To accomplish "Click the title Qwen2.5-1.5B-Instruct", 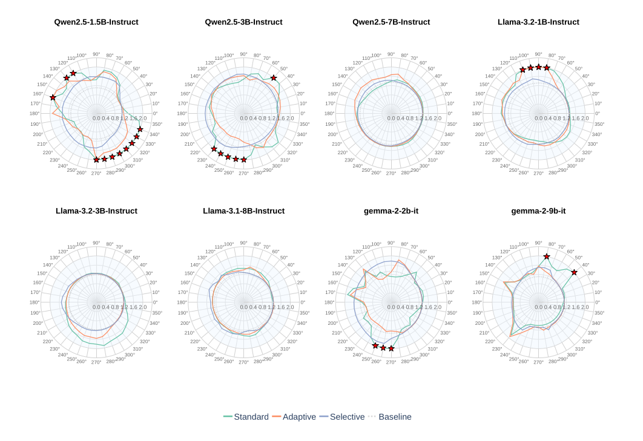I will coord(96,22).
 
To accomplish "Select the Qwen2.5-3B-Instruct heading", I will coord(243,22).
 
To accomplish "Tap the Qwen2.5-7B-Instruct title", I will coord(391,22).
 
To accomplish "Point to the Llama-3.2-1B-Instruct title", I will coord(538,22).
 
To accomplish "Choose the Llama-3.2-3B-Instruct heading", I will coord(96,211).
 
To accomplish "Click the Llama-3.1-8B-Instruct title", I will coord(243,211).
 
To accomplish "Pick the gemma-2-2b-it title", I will coord(391,211).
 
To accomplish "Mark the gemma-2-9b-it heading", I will coord(538,211).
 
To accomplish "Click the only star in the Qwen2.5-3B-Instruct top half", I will coord(274,78).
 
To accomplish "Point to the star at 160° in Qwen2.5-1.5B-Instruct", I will coord(53,97).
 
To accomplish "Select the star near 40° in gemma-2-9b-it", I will coord(574,273).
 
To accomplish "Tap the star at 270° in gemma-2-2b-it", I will coord(391,348).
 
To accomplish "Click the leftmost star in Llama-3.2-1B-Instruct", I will coord(523,70).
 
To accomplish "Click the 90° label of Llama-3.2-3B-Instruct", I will coord(96,243).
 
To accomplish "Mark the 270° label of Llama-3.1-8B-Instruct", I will coord(243,362).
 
